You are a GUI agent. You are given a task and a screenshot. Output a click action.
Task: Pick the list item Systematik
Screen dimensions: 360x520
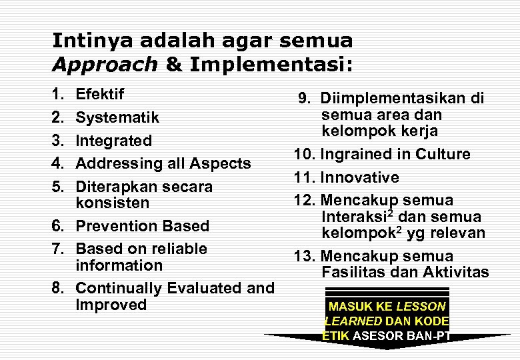click(117, 118)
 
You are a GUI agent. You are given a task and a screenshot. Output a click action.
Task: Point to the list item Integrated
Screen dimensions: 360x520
click(113, 141)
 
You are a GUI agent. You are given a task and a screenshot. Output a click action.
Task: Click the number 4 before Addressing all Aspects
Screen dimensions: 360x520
click(57, 163)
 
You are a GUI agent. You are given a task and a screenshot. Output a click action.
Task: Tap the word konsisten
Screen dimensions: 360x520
click(113, 203)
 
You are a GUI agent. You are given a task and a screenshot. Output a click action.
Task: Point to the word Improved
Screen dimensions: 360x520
click(111, 305)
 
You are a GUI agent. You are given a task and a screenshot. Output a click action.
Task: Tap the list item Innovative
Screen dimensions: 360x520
click(360, 177)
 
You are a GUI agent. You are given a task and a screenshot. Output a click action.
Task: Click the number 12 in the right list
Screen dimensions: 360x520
click(302, 200)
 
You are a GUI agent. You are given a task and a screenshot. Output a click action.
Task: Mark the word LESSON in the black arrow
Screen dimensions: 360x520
click(421, 307)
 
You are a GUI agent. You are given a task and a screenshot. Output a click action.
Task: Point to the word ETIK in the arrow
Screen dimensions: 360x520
click(336, 336)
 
